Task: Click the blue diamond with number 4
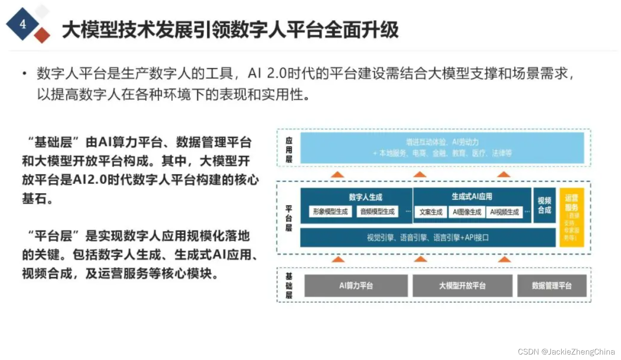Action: (23, 24)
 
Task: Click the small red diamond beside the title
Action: (42, 35)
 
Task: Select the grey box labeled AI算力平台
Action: (356, 286)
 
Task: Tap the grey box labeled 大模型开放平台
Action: (462, 286)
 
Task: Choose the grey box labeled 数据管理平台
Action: (552, 286)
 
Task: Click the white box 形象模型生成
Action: (330, 211)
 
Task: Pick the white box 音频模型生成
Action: (377, 211)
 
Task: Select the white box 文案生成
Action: (431, 212)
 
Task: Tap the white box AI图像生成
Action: (467, 212)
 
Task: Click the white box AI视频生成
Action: (504, 212)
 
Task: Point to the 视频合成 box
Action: (544, 205)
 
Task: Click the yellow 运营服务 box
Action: (571, 217)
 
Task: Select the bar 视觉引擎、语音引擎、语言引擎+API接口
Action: (428, 238)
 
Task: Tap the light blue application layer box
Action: (442, 148)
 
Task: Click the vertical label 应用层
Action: (289, 149)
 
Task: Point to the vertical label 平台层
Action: (289, 218)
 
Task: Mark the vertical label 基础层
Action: (289, 285)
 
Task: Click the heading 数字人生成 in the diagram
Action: (365, 197)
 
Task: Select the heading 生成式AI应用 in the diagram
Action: (472, 197)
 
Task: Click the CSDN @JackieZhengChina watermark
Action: (566, 352)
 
